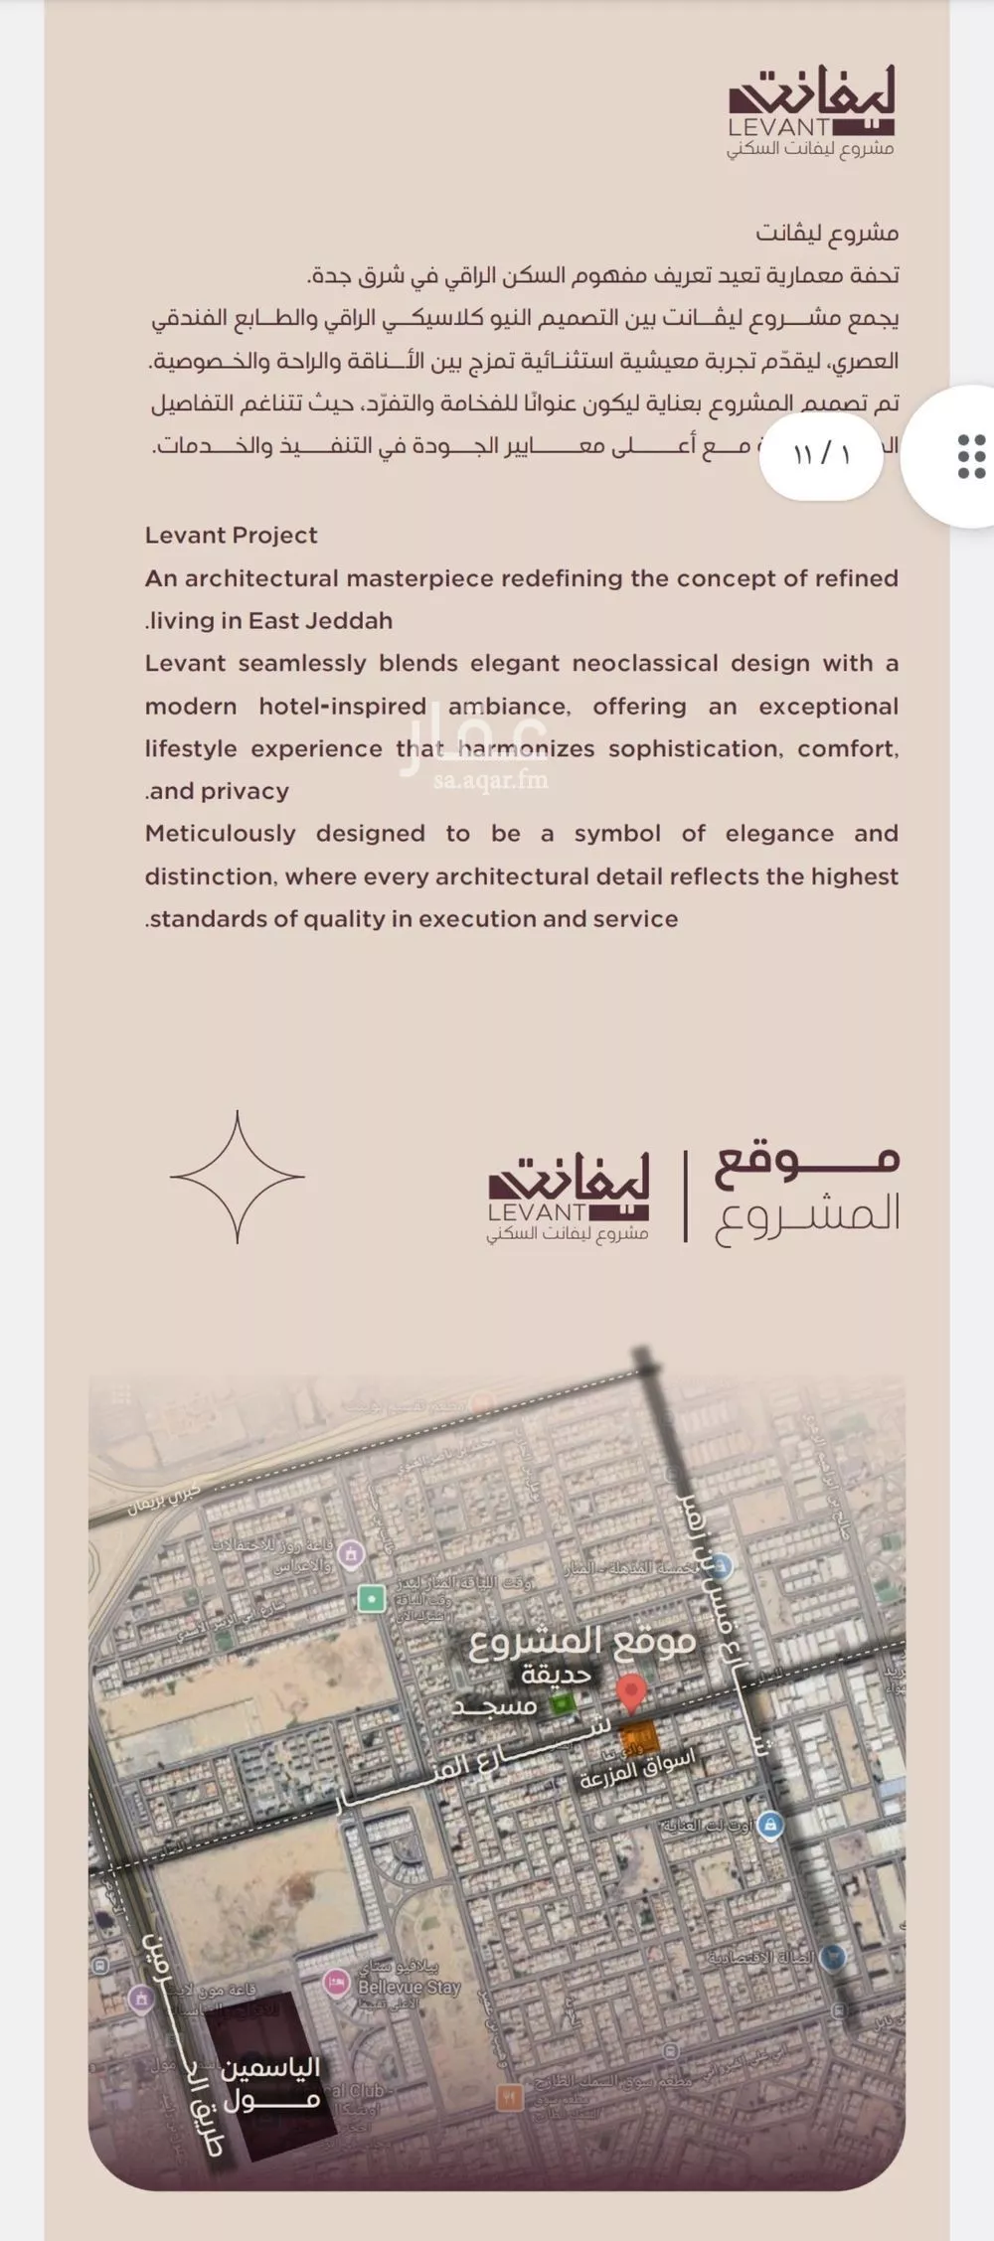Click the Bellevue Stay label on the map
pyautogui.click(x=409, y=1987)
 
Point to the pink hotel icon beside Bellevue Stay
pyautogui.click(x=338, y=1984)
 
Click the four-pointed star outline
pyautogui.click(x=237, y=1177)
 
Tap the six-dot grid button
pyautogui.click(x=970, y=456)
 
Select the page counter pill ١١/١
pyautogui.click(x=821, y=455)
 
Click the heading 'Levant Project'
pyautogui.click(x=231, y=535)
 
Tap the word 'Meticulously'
pyautogui.click(x=220, y=833)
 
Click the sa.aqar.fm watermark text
pyautogui.click(x=490, y=779)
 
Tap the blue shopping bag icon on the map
pyautogui.click(x=770, y=1825)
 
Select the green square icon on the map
pyautogui.click(x=372, y=1598)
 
